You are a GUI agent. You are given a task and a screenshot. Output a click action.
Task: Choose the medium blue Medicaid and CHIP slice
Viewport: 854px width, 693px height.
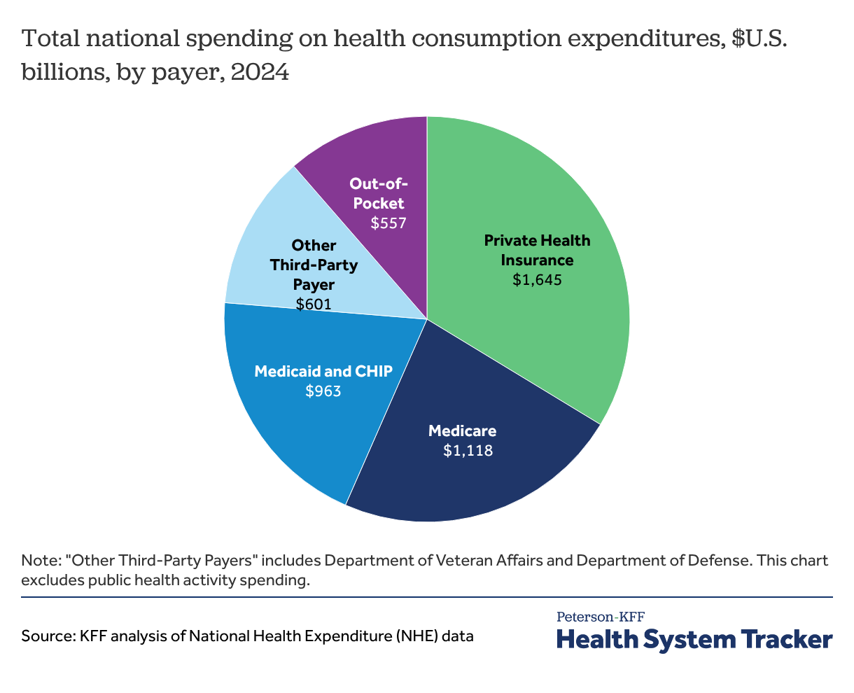tap(294, 434)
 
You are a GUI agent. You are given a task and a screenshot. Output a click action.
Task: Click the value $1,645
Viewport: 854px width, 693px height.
tap(537, 280)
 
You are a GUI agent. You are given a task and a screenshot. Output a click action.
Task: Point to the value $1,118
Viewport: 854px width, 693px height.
tap(468, 451)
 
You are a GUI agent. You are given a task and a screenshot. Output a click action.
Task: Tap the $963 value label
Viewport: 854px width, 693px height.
tap(323, 391)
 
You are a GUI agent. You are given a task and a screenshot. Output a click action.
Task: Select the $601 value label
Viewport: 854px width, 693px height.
tap(313, 304)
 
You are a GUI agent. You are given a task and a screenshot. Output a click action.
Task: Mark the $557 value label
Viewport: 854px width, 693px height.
tap(388, 223)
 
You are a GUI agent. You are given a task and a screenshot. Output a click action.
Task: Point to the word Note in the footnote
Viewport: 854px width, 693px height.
tap(36, 561)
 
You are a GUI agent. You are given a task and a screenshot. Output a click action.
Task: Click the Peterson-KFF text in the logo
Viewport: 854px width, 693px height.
tap(600, 617)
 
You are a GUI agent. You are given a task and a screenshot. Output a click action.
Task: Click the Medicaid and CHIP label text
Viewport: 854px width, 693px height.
tap(323, 371)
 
